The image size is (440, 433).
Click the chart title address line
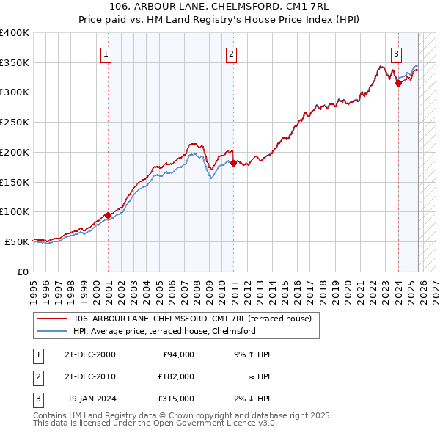coord(219,7)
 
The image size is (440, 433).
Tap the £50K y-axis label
coord(17,241)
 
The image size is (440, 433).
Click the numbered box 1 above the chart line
coord(106,54)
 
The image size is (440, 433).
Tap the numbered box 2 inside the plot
coord(231,54)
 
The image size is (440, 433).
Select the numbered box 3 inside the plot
coord(396,54)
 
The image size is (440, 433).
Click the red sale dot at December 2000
coord(109,215)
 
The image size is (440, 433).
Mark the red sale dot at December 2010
coord(233,163)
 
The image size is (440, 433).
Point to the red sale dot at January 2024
coord(398,84)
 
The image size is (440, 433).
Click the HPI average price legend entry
coord(164,331)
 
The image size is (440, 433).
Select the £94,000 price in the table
coord(177,354)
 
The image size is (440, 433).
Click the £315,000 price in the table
coord(177,399)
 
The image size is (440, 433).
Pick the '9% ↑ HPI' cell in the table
coord(252,354)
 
